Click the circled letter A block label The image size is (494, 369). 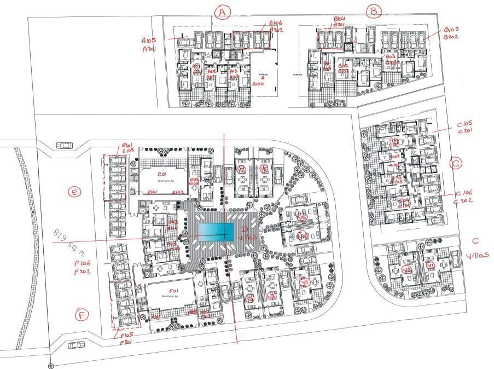click(221, 12)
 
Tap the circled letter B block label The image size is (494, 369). click(374, 10)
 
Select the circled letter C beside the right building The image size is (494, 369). click(456, 163)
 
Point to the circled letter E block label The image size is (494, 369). click(74, 192)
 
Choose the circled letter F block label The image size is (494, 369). click(82, 315)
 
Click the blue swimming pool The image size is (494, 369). click(217, 232)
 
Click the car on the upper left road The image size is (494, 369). click(65, 146)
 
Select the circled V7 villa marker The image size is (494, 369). click(241, 170)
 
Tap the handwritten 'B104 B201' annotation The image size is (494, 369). click(339, 21)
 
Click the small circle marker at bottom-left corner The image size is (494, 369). click(50, 365)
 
